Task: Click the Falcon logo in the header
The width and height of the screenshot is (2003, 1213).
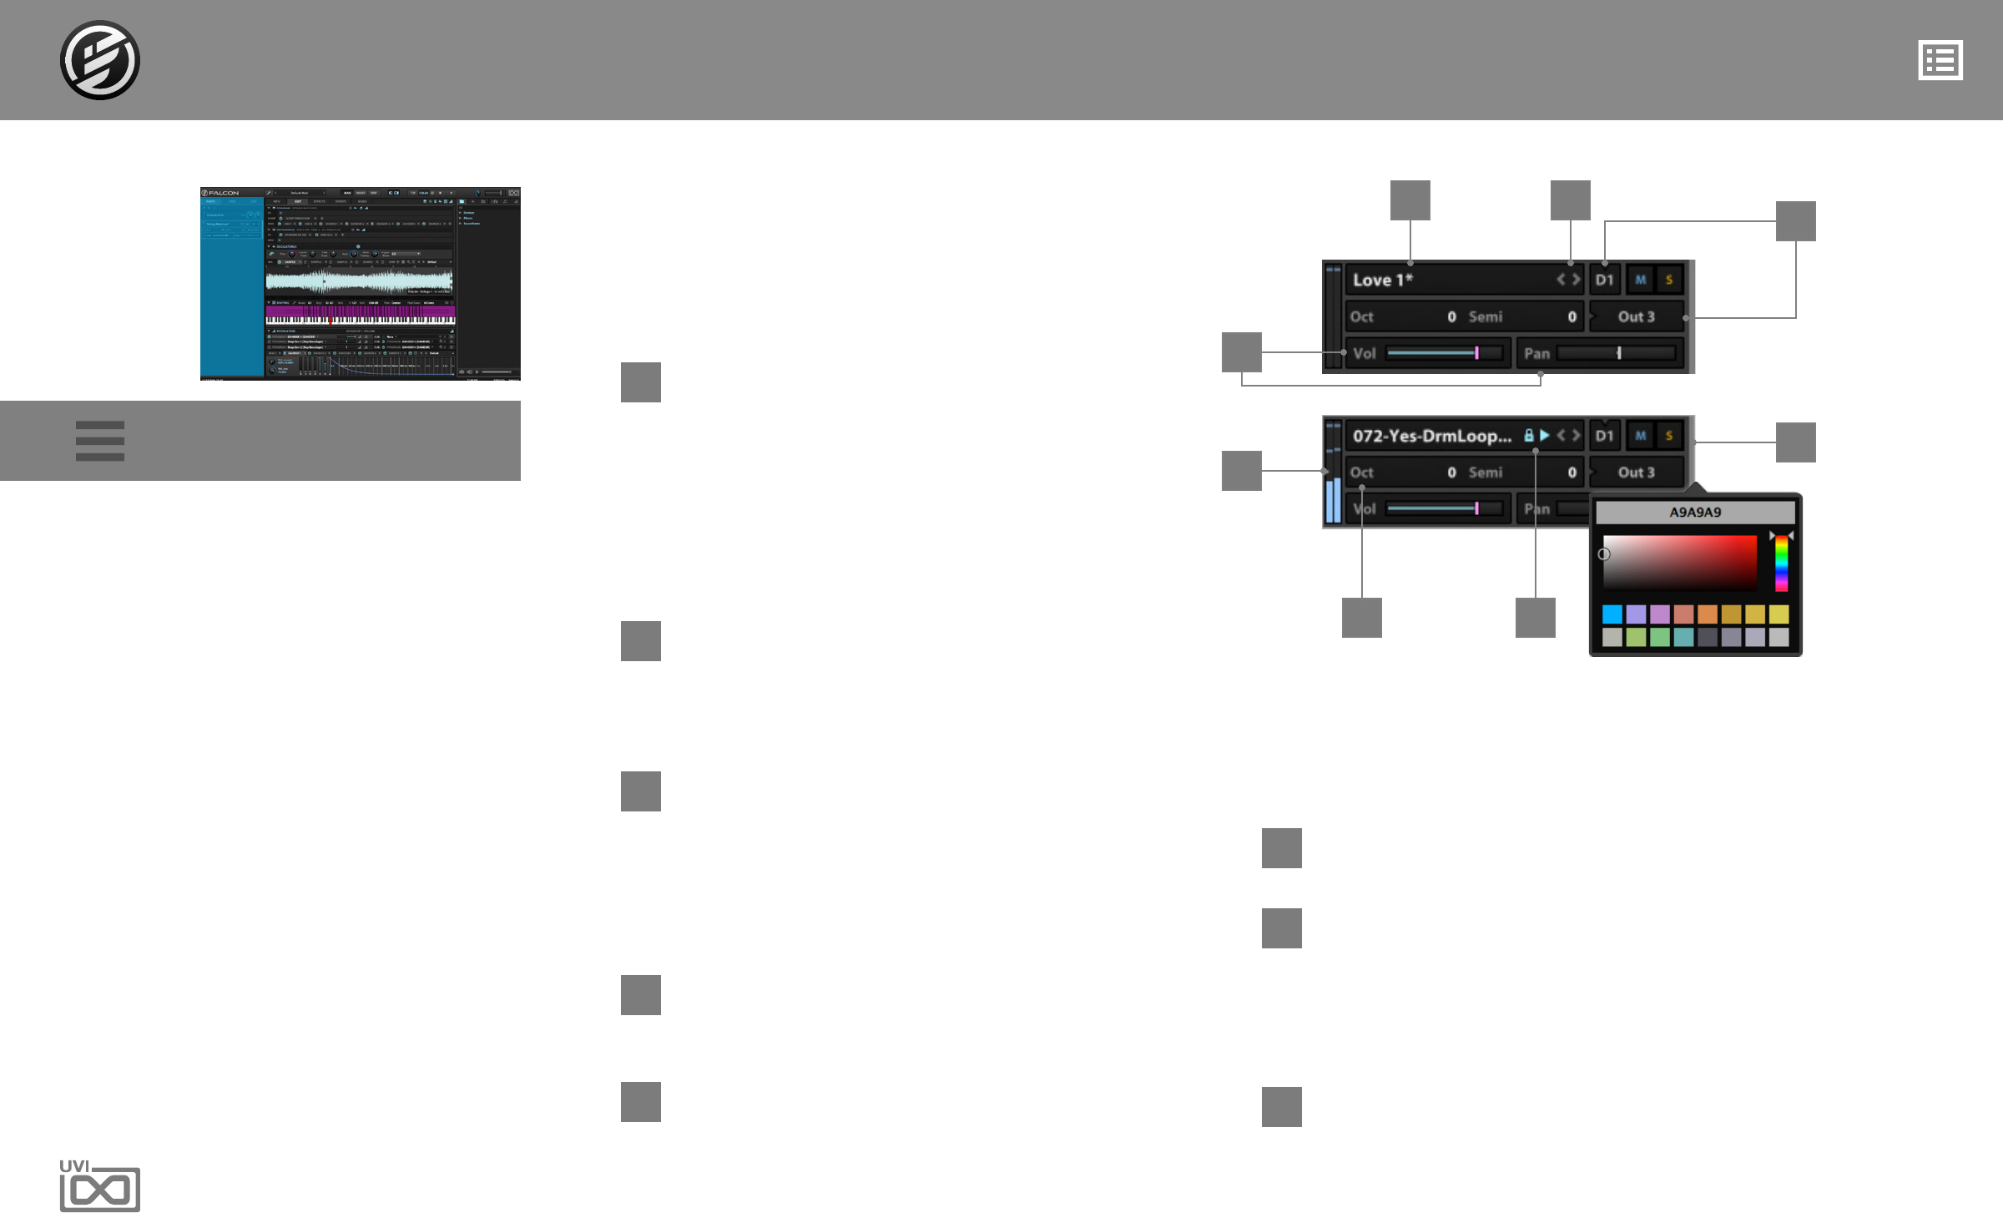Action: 99,60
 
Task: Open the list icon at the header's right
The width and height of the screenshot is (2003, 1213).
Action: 1940,60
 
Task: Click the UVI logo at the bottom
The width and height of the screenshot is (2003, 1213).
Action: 99,1185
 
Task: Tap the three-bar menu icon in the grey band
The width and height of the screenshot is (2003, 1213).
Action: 99,441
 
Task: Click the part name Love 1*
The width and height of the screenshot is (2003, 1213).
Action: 1382,281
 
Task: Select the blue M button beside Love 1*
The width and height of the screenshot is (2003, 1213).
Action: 1640,281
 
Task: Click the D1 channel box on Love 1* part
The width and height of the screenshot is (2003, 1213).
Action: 1604,281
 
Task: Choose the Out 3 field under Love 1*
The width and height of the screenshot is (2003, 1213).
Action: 1636,317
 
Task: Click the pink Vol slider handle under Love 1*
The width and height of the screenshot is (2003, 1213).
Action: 1476,353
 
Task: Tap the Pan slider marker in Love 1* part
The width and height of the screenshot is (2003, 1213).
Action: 1619,353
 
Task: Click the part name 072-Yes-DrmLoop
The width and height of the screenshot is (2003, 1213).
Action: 1431,436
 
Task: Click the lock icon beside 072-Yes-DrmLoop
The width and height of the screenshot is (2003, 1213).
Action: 1528,436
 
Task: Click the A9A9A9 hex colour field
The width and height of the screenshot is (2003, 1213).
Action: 1694,513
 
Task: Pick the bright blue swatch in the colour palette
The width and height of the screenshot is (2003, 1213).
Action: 1612,614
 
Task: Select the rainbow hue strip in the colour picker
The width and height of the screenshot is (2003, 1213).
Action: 1781,564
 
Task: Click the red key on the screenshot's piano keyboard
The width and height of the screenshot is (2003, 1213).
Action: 330,321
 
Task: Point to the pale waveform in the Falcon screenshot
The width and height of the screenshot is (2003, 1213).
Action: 359,281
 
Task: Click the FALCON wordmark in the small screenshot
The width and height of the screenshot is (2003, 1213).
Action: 224,193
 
